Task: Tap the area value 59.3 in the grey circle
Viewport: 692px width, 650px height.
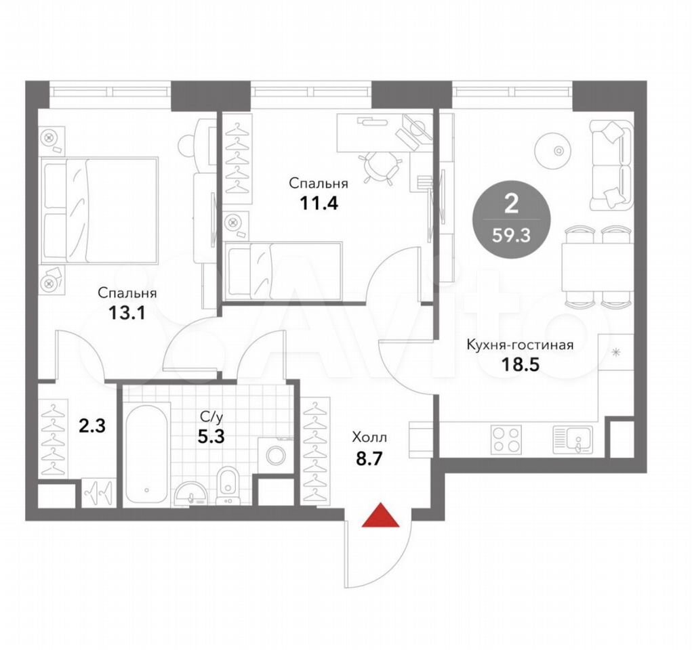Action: point(512,236)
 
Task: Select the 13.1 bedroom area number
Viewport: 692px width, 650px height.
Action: point(127,313)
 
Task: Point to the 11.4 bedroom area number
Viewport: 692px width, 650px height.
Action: point(319,203)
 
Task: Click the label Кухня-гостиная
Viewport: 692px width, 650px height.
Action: point(521,345)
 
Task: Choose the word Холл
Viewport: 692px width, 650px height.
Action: point(369,437)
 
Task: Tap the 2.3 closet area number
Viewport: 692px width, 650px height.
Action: point(91,427)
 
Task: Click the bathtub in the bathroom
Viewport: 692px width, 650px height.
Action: point(146,454)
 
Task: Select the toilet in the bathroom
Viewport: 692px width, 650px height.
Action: point(228,485)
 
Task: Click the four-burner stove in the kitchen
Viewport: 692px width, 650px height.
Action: point(506,439)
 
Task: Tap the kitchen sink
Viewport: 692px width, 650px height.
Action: point(573,439)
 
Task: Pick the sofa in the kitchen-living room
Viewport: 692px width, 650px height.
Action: point(611,165)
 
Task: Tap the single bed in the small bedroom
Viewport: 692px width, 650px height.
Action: point(283,270)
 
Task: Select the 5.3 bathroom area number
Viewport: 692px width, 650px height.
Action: point(211,437)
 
